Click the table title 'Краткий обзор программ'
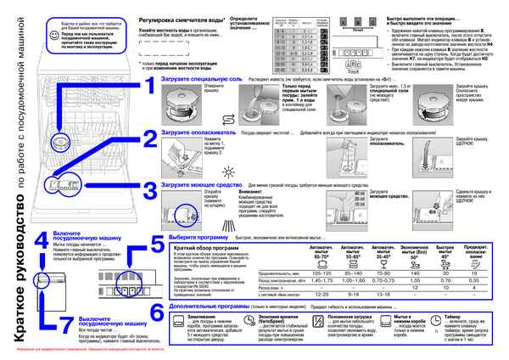coord(195,247)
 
